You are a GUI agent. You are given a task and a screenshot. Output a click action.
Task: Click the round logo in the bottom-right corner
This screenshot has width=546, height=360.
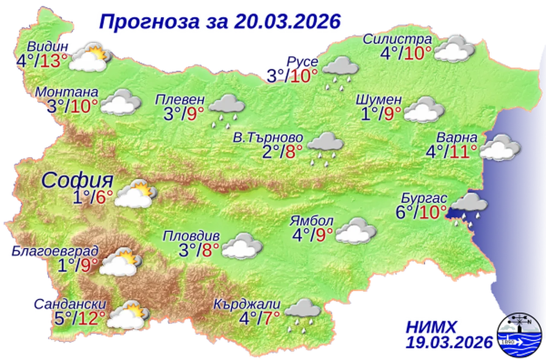[520, 334]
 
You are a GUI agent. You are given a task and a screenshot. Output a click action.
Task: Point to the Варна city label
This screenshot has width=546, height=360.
[456, 138]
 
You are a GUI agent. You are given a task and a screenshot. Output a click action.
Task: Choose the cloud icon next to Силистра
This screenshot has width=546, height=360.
[454, 49]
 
